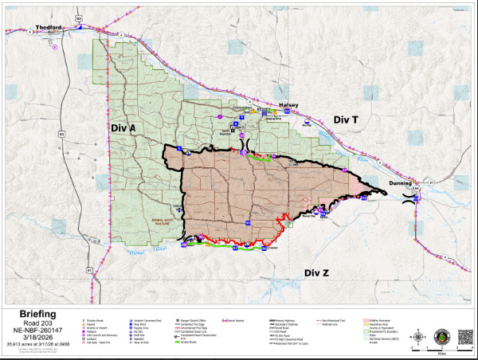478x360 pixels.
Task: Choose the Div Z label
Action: point(317,272)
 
